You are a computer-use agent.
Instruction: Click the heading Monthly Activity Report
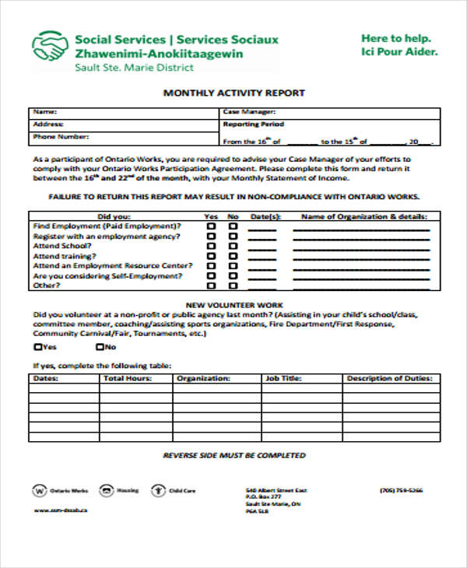click(233, 93)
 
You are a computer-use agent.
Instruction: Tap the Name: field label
click(45, 111)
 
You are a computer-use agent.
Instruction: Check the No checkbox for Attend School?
click(232, 246)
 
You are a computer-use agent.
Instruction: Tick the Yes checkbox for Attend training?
click(211, 256)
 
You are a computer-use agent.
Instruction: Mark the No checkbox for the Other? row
click(232, 286)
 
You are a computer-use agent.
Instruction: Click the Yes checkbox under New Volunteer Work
click(38, 347)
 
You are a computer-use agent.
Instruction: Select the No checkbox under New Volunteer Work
click(99, 347)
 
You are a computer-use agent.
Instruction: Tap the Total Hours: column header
click(128, 378)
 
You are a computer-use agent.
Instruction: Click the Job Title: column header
click(283, 378)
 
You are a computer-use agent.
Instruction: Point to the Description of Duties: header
click(388, 378)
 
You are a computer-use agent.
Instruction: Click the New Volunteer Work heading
click(234, 304)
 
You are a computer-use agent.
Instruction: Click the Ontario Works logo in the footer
click(39, 491)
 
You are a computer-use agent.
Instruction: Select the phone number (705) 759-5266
click(402, 490)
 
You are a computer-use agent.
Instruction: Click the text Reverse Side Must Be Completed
click(234, 455)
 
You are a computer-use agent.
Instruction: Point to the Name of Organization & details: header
click(364, 216)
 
